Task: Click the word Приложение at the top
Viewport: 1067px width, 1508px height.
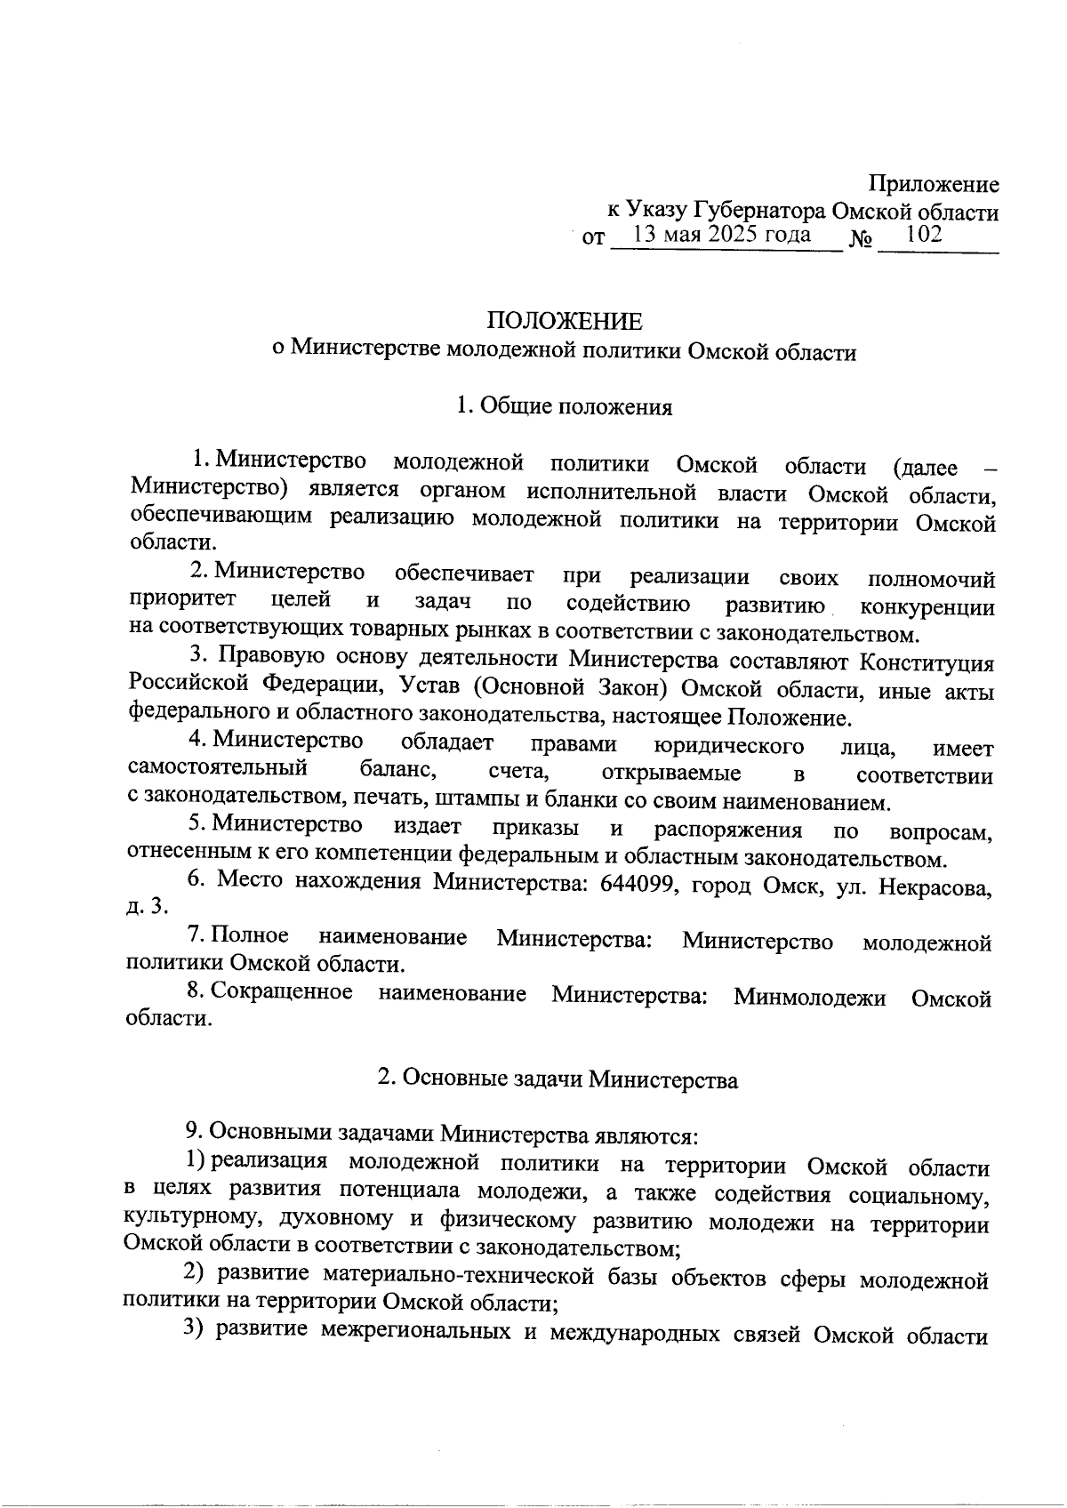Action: (x=934, y=185)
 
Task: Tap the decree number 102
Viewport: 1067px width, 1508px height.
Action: (x=923, y=235)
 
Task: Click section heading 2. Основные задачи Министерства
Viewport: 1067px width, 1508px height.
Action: (x=558, y=1079)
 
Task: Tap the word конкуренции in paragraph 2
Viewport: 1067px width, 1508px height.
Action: (x=927, y=608)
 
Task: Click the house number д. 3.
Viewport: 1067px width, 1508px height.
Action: (x=147, y=907)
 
